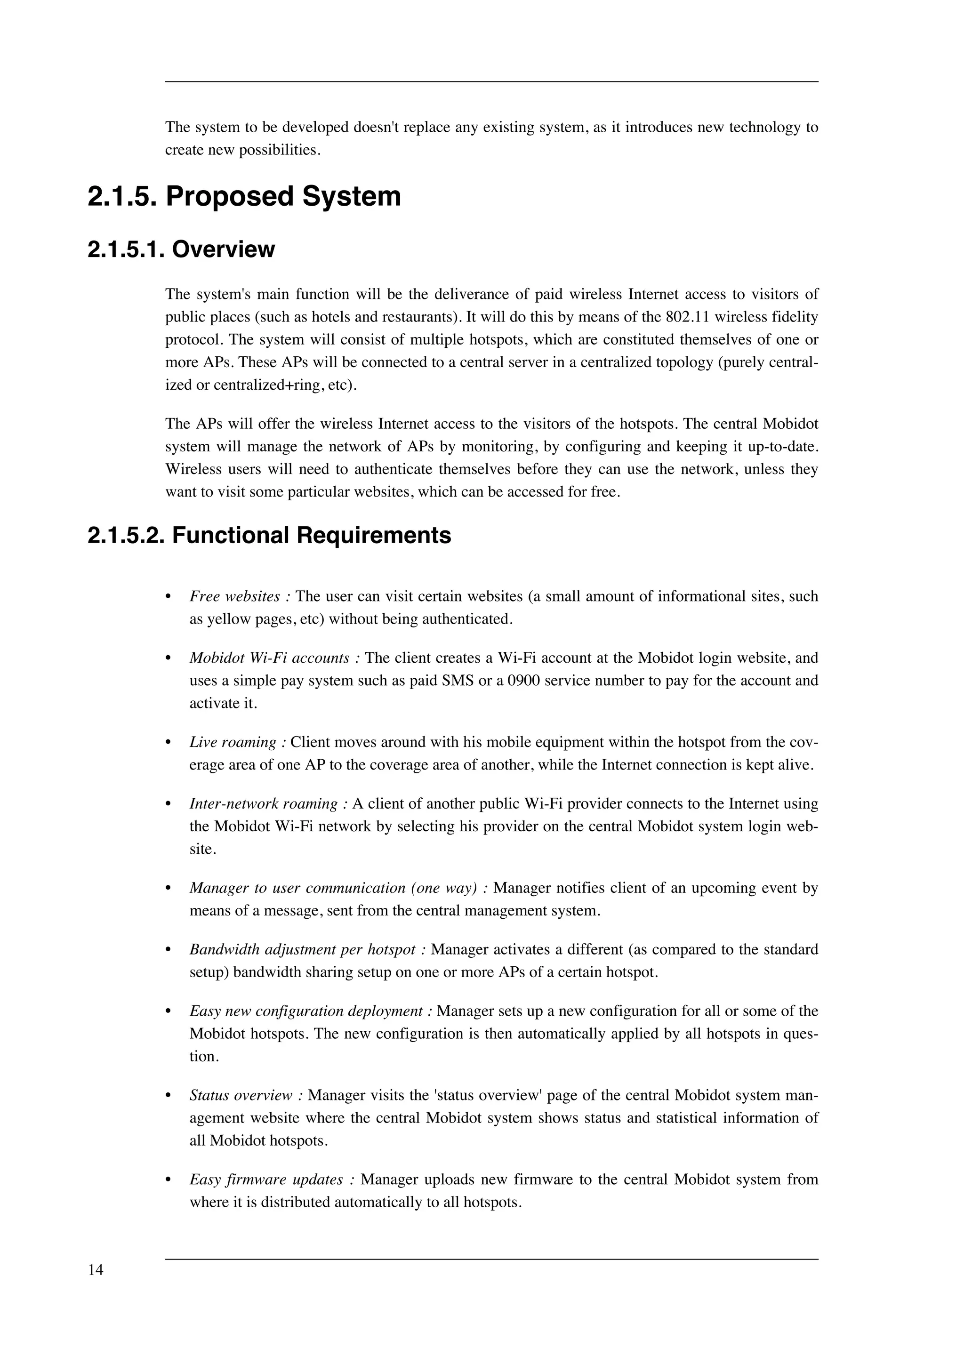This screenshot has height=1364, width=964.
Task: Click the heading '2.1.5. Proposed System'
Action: (x=244, y=197)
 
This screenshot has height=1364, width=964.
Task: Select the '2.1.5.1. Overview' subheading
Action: (x=181, y=249)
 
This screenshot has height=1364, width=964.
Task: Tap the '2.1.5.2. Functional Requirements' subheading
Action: (x=269, y=535)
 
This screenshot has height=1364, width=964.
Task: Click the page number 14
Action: (x=96, y=1270)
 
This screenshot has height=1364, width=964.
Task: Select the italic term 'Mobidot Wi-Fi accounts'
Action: (x=269, y=658)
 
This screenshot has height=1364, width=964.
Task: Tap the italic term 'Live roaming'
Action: (x=233, y=743)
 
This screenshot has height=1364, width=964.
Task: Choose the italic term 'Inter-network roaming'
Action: (x=263, y=804)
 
